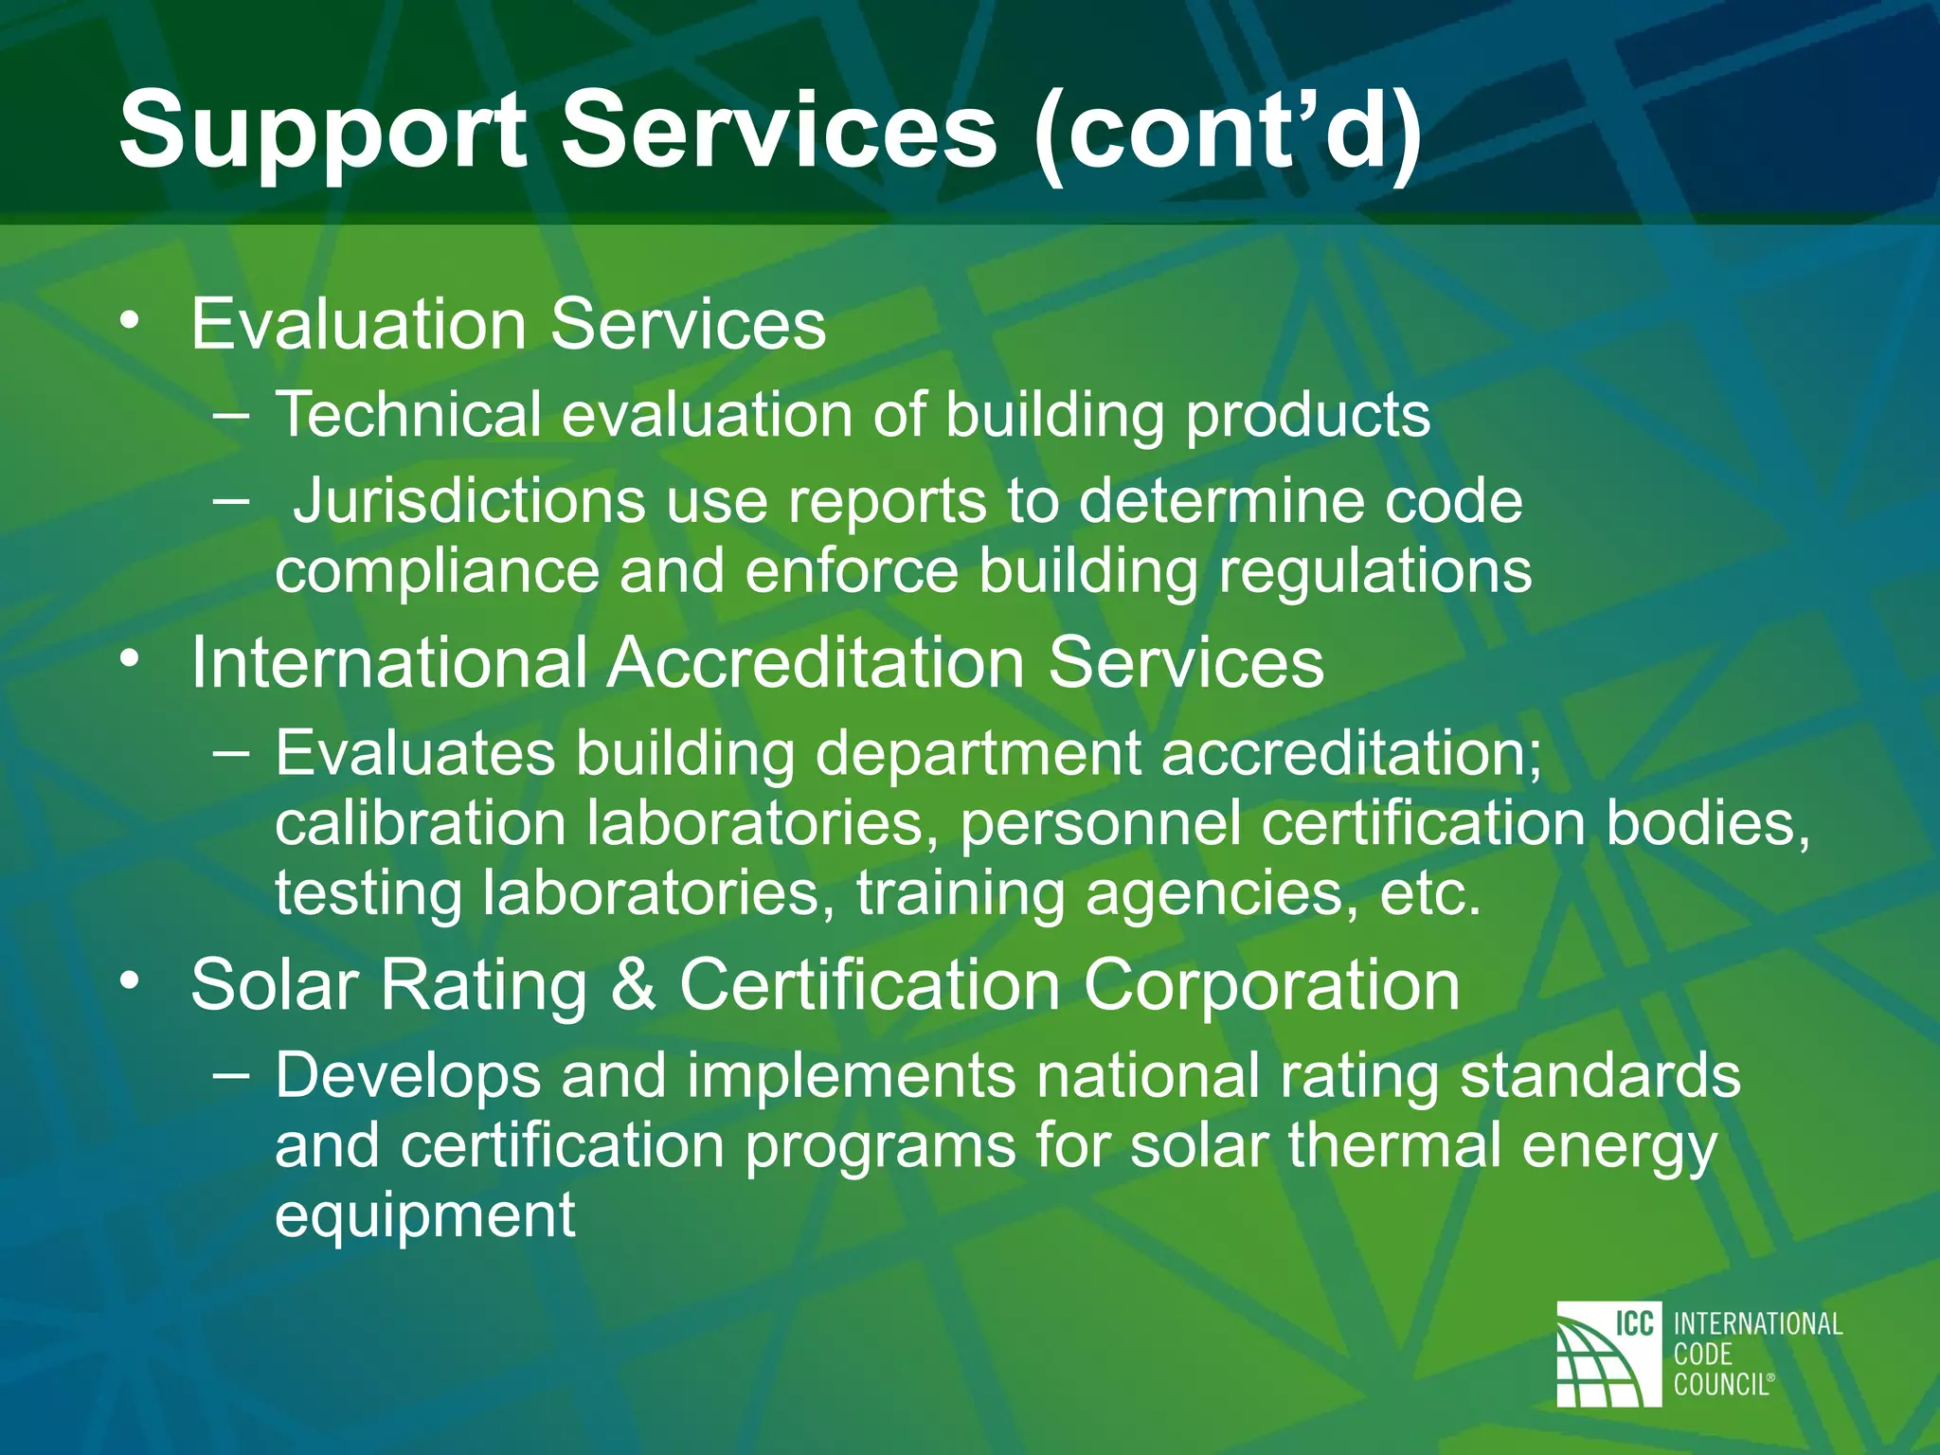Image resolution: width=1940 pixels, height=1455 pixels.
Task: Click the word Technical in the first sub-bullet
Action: (407, 415)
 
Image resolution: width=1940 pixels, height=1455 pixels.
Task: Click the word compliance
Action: (437, 571)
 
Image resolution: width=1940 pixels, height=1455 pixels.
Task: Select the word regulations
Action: (1374, 571)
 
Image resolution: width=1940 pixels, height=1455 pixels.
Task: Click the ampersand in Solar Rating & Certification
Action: (633, 985)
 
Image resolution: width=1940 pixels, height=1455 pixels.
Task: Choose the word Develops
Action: (407, 1076)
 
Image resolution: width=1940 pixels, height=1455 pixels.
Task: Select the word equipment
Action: (425, 1215)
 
